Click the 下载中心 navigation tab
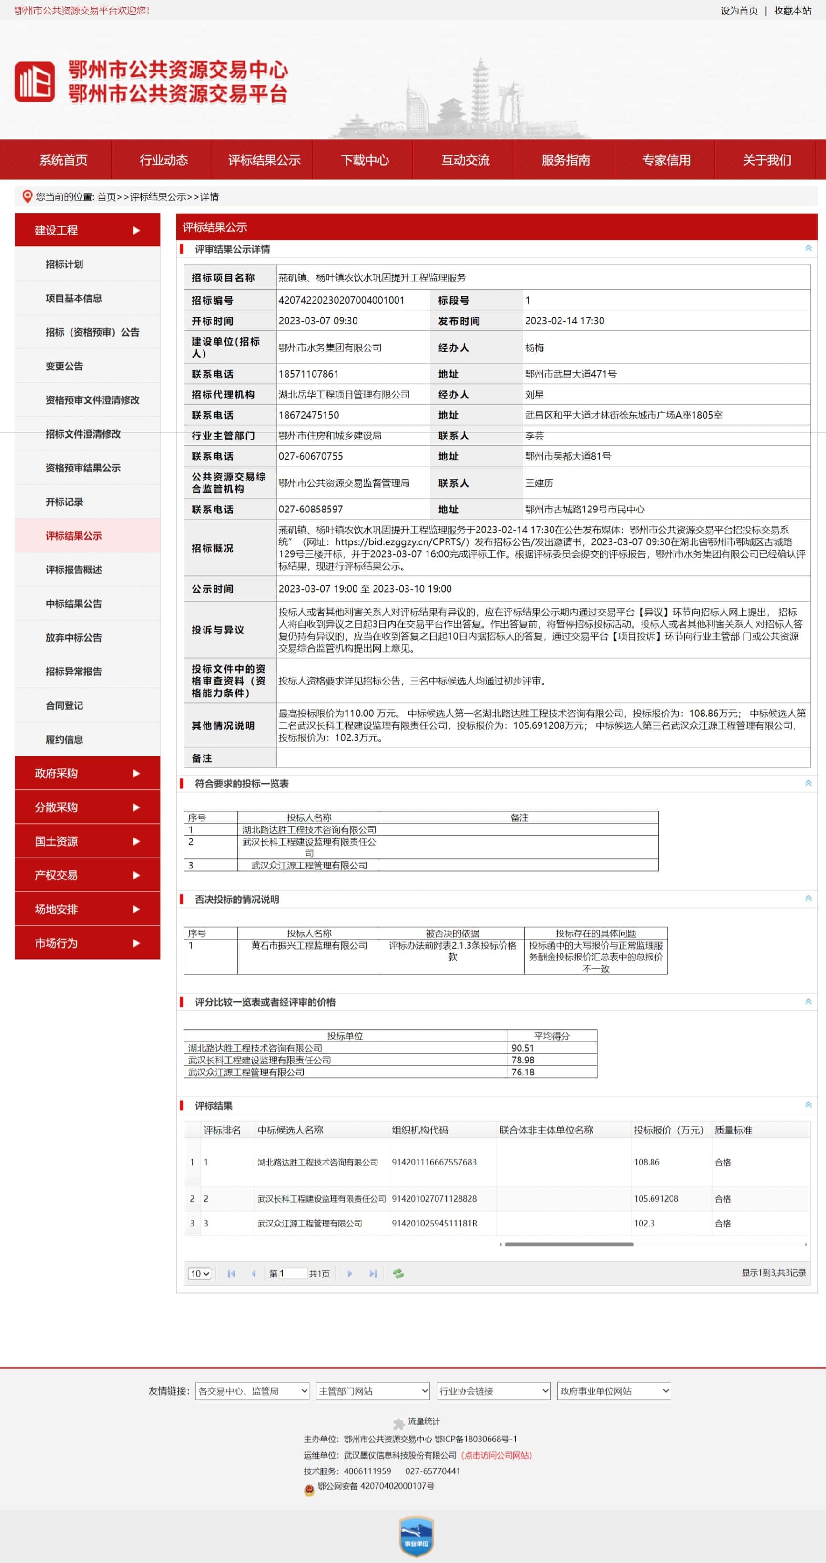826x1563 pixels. click(364, 160)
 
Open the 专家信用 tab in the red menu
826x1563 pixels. click(666, 160)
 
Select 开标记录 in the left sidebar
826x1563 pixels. click(64, 502)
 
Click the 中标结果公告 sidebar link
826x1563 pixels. click(73, 604)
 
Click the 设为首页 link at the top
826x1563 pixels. click(739, 10)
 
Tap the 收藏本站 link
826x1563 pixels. click(792, 10)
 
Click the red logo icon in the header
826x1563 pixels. click(35, 82)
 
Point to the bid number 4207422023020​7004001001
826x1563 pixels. click(341, 300)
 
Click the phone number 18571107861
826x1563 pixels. click(308, 374)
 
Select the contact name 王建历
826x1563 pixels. click(539, 483)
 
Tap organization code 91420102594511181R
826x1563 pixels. click(435, 1223)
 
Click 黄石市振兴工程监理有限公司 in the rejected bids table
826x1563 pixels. click(309, 945)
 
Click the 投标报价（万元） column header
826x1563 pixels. click(668, 1130)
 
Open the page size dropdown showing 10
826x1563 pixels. click(199, 1274)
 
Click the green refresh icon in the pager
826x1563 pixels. click(398, 1274)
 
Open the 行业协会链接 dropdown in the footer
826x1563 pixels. click(493, 1390)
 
